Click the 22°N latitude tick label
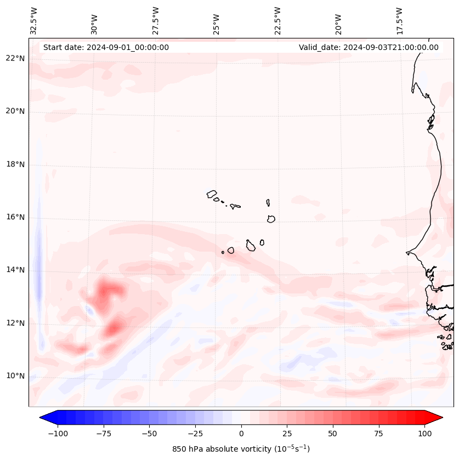point(15,59)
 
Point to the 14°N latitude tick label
point(15,270)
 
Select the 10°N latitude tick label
point(15,376)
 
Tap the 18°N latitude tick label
point(15,164)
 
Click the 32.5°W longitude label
point(34,21)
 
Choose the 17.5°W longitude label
point(399,21)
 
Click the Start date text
point(106,47)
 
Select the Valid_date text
point(369,47)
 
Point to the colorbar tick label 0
point(241,434)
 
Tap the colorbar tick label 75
point(378,434)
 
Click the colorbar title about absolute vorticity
point(241,449)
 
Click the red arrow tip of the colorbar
point(437,418)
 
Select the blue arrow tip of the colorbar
point(45,418)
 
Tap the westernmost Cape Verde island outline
point(212,193)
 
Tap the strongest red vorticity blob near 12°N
point(114,328)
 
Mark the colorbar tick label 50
point(332,434)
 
